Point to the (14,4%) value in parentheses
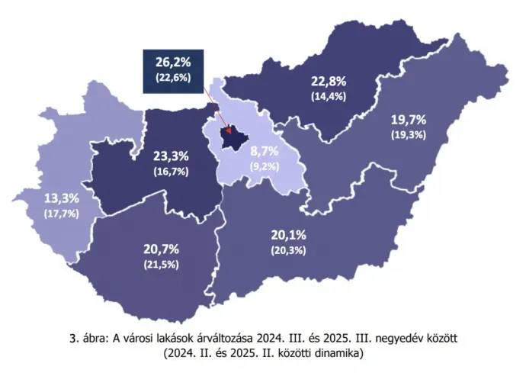[x=329, y=96]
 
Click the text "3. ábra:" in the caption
[x=89, y=338]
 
